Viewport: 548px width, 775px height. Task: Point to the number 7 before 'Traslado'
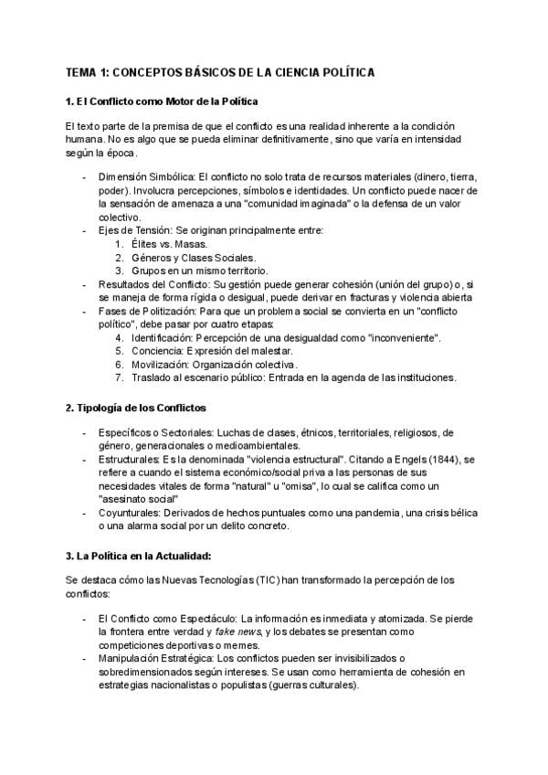click(120, 377)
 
